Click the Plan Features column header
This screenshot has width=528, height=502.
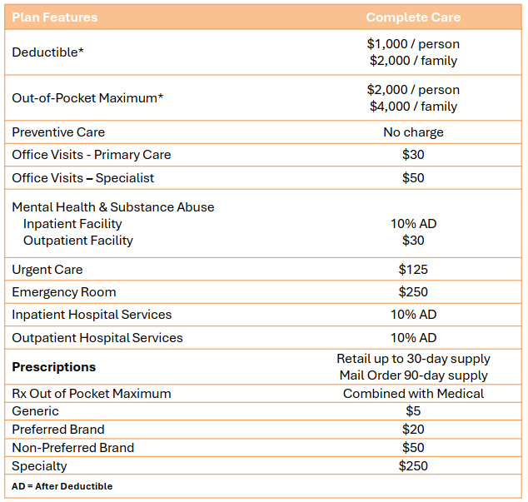coord(54,17)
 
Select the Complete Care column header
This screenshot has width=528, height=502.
coord(413,17)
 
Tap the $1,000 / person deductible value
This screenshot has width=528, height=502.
coord(413,44)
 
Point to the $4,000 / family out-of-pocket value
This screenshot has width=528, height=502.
coord(413,107)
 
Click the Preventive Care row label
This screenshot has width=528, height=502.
coord(58,132)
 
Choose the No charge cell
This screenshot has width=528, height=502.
coord(413,132)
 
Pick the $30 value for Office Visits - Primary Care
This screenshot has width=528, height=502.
coord(413,155)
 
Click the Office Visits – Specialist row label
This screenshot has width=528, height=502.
coord(82,178)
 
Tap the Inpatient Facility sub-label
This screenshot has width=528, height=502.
coord(72,224)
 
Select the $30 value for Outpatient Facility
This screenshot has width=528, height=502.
coord(413,241)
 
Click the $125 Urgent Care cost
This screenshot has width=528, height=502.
coord(413,270)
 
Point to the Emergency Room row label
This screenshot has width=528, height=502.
coord(64,292)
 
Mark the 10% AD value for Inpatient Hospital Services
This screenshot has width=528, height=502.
coord(413,315)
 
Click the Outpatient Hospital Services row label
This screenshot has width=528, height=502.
coord(97,338)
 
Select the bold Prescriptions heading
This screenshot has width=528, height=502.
coord(53,367)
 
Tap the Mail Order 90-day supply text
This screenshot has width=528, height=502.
coord(413,375)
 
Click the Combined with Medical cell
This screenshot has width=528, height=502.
coord(413,394)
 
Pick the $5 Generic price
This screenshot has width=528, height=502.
coord(413,411)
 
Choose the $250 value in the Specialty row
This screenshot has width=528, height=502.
coord(413,466)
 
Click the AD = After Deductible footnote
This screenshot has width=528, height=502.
coord(62,486)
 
